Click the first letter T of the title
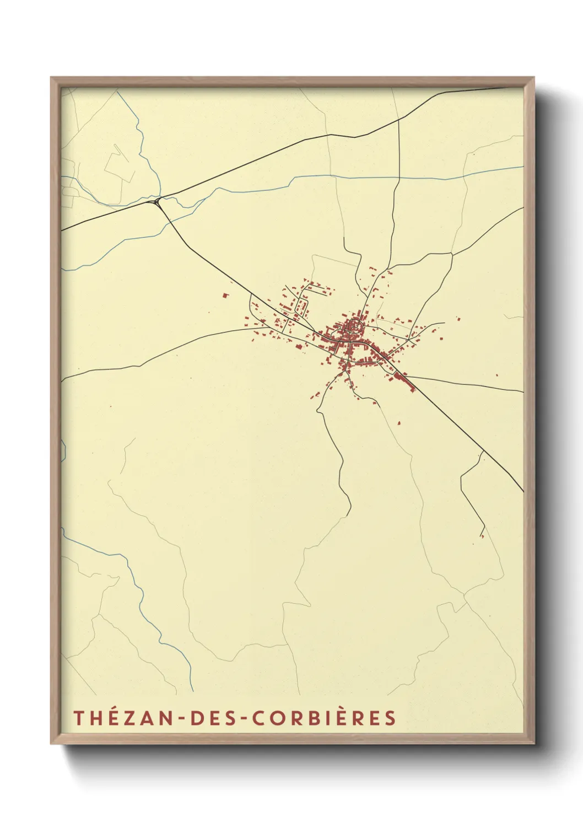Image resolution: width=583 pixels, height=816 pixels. coord(78,717)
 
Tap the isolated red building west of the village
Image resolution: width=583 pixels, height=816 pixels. coord(225,296)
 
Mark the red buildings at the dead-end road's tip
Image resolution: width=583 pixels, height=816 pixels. coord(482,535)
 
